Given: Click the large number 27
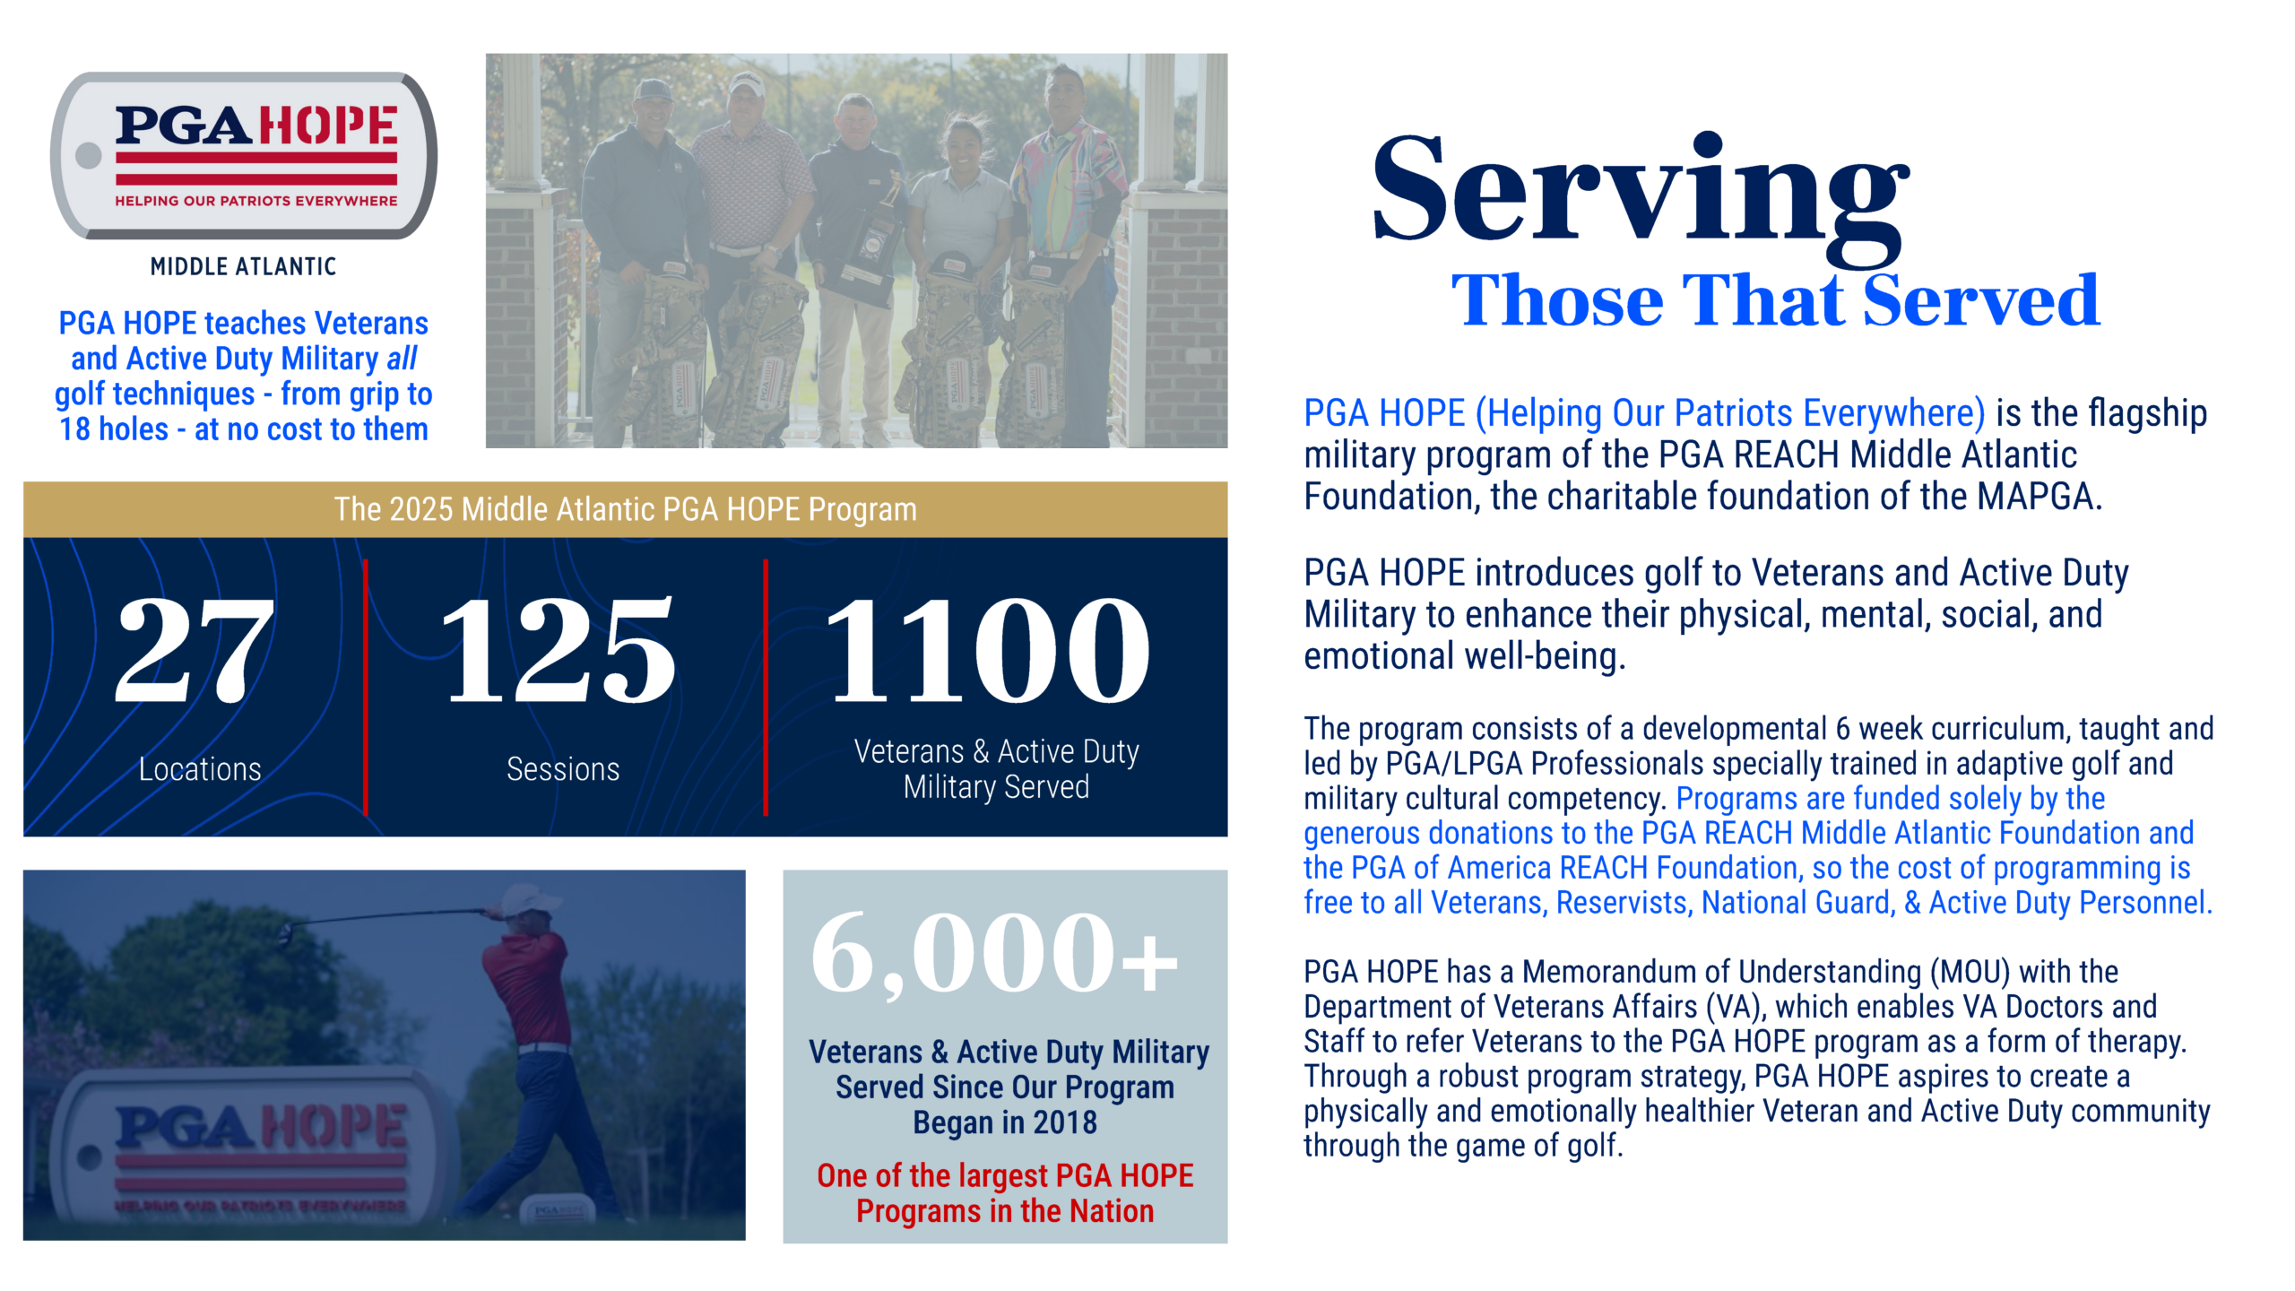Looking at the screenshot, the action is click(195, 650).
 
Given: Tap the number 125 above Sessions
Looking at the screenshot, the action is click(558, 650).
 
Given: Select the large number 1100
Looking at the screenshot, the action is click(987, 650).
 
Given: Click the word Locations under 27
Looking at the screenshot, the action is click(200, 769).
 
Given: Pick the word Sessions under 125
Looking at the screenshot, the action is click(563, 769).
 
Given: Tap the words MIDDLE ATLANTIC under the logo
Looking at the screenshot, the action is click(243, 266).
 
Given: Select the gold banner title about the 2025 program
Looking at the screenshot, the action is click(626, 509).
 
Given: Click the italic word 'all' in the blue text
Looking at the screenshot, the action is click(402, 359).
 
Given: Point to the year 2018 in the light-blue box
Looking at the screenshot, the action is click(1065, 1122).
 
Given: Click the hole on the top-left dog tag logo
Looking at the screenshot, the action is click(89, 156).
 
